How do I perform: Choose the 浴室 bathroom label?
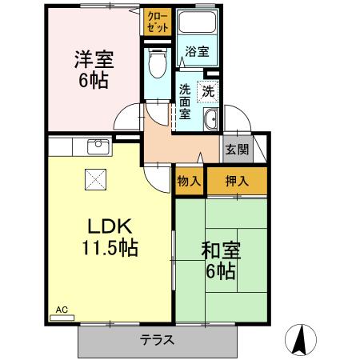click(x=197, y=52)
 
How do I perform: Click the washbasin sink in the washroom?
click(x=212, y=121)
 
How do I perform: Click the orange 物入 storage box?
click(x=189, y=181)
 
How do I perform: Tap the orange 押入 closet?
click(x=237, y=181)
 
